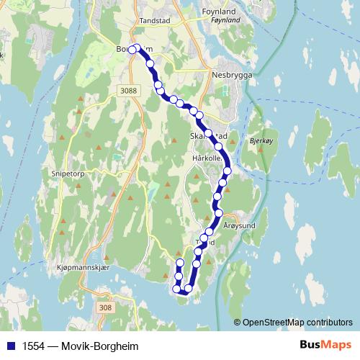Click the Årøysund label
(x=240, y=225)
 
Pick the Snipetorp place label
(x=69, y=174)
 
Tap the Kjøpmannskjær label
(x=81, y=267)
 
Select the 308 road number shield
(x=105, y=307)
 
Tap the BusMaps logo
(x=325, y=345)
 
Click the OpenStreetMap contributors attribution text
(x=299, y=323)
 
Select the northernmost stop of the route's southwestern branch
(x=180, y=262)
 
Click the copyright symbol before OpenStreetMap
(x=238, y=323)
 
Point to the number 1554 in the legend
(x=31, y=345)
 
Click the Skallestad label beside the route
(x=208, y=135)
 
